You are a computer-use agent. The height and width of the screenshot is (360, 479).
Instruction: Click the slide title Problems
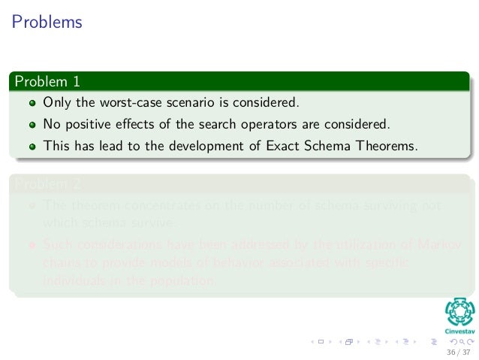tap(47, 23)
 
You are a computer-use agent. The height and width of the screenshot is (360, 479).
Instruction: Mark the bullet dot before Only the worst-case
tap(32, 102)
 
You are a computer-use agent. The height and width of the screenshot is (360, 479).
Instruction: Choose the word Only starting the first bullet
tap(56, 101)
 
